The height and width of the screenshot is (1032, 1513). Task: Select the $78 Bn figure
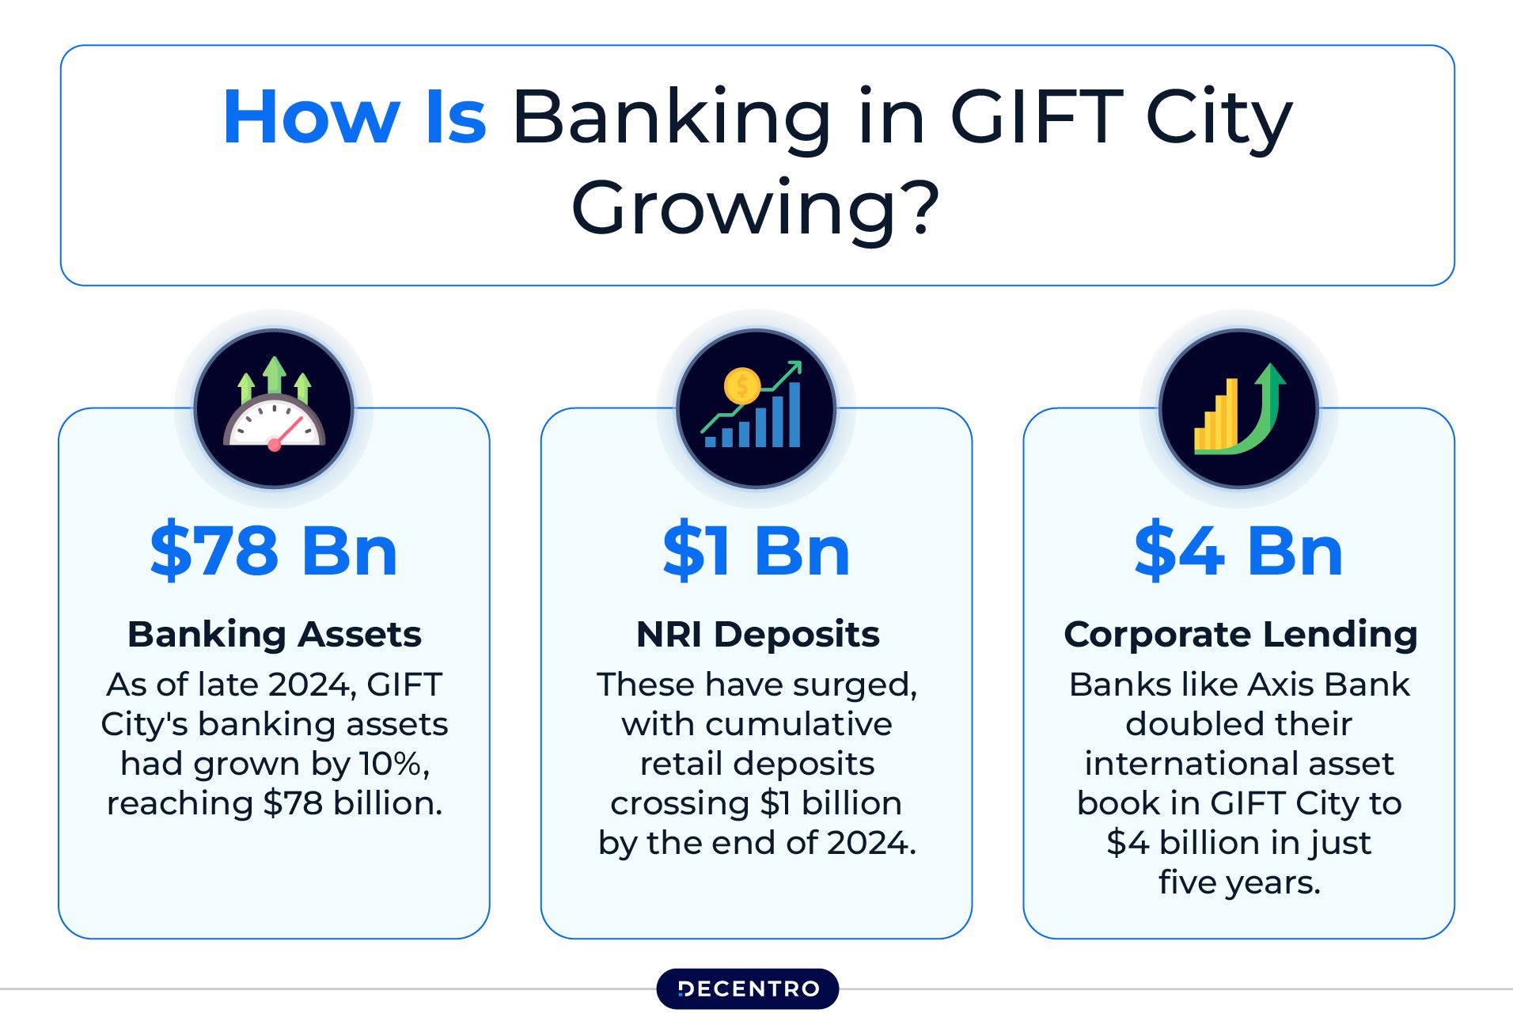tap(274, 551)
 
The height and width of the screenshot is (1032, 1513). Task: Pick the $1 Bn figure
tap(756, 551)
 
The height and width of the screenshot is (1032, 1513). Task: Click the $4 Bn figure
tap(1238, 551)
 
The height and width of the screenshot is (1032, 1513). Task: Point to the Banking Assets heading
tap(274, 635)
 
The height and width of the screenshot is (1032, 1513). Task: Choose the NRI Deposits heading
tap(757, 635)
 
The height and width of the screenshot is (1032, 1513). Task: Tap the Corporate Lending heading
tap(1240, 635)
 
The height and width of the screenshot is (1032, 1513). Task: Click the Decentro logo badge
tap(748, 989)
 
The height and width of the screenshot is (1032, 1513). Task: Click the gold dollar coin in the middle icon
tap(742, 386)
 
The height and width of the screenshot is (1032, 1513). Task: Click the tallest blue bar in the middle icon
tap(794, 415)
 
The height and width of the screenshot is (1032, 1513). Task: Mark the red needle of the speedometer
tap(286, 432)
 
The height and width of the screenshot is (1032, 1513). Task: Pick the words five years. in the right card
tap(1239, 882)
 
